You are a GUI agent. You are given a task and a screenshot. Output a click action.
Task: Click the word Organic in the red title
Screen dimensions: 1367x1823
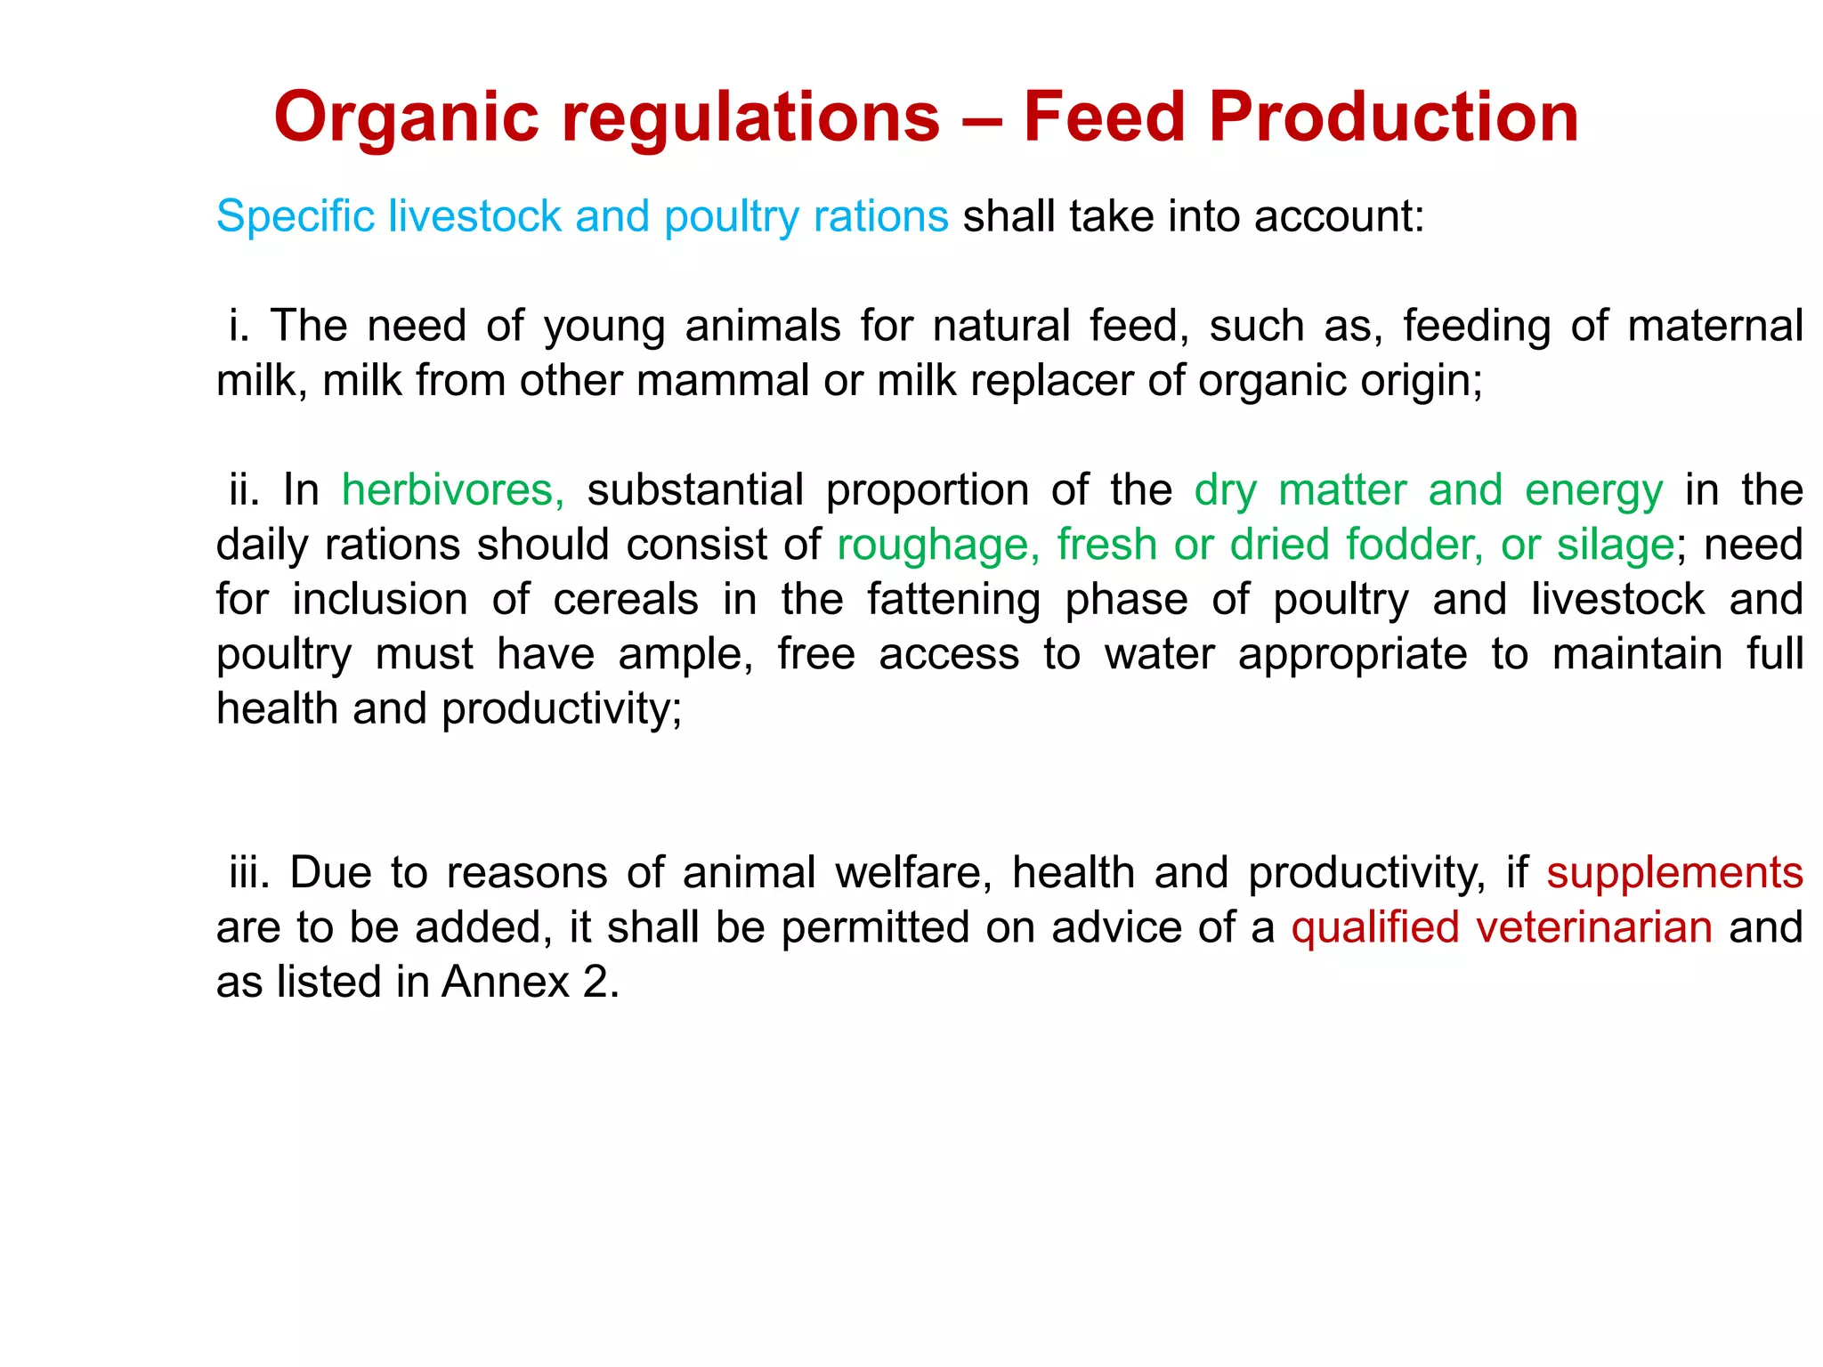pyautogui.click(x=406, y=117)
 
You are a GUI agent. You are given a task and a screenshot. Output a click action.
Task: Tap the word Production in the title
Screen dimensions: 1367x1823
pyautogui.click(x=1394, y=117)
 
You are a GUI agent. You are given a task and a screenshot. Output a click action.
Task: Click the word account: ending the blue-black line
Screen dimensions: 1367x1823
pyautogui.click(x=1340, y=217)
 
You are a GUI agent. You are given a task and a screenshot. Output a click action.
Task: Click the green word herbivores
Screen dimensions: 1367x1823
pyautogui.click(x=452, y=490)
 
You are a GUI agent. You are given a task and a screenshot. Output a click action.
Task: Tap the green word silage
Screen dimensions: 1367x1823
pyautogui.click(x=1615, y=546)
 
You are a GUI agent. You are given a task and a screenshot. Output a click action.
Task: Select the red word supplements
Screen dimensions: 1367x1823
pyautogui.click(x=1674, y=873)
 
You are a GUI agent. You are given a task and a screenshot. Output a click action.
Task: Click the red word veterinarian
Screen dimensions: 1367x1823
pyautogui.click(x=1593, y=928)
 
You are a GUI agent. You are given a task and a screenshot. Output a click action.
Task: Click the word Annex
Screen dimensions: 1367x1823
pyautogui.click(x=505, y=983)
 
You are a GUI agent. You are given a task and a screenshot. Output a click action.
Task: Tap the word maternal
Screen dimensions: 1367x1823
pyautogui.click(x=1714, y=326)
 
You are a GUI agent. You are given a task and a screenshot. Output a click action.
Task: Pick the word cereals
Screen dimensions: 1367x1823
pyautogui.click(x=626, y=600)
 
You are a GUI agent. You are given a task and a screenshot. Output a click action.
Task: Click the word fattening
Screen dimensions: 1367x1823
pyautogui.click(x=953, y=600)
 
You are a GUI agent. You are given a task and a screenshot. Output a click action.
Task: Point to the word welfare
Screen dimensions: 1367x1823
pyautogui.click(x=913, y=873)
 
